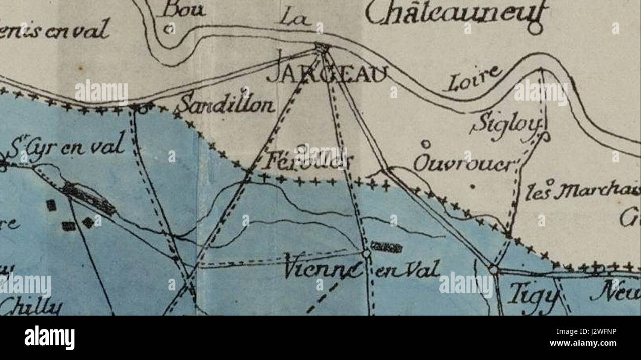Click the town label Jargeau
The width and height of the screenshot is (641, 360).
pos(327,75)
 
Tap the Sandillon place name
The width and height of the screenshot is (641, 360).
pos(226,105)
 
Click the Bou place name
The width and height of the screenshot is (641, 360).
pos(177,9)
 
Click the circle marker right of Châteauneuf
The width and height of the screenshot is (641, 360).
pos(534,29)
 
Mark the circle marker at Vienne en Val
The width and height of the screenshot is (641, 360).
pos(366,253)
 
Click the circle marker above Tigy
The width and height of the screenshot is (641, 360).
pos(493,269)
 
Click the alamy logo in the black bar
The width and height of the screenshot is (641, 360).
pos(49,338)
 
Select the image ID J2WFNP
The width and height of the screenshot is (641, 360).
pos(597,332)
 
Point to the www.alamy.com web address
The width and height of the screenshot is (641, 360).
pos(583,343)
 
